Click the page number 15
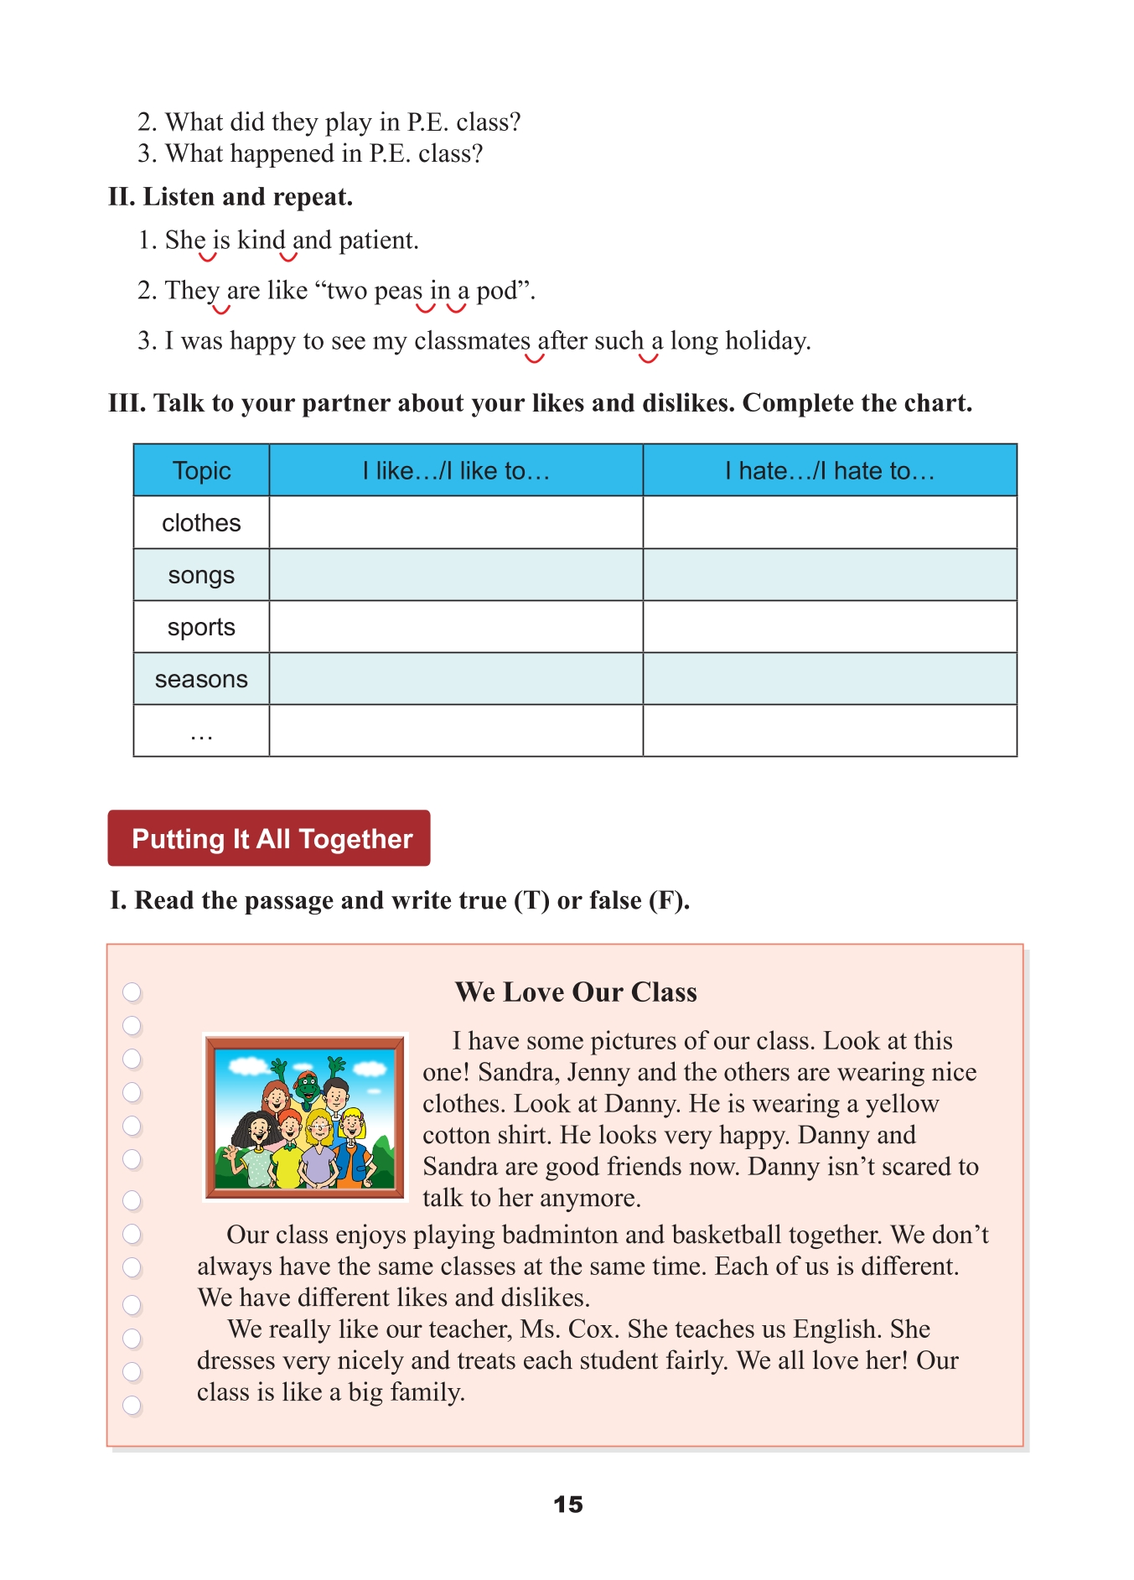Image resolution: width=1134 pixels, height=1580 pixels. point(567,1504)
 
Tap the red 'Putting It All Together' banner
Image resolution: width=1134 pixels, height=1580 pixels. point(269,838)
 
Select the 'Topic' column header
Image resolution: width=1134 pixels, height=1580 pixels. point(201,470)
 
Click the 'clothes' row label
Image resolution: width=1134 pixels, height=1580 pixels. point(201,523)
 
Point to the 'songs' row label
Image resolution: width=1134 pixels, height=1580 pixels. point(201,575)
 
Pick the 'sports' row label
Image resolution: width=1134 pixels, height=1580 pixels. point(201,627)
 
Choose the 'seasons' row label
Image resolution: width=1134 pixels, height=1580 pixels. point(201,679)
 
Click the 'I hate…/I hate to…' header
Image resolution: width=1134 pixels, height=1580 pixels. point(830,470)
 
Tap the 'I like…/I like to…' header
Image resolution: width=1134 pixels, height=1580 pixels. point(456,470)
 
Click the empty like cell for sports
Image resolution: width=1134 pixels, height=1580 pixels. point(456,627)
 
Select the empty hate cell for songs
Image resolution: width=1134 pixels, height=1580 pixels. point(830,575)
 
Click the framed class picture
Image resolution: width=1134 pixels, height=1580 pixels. point(305,1116)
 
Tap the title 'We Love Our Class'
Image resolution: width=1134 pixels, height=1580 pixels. point(576,992)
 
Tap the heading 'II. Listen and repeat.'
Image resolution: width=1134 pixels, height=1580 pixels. point(230,197)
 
